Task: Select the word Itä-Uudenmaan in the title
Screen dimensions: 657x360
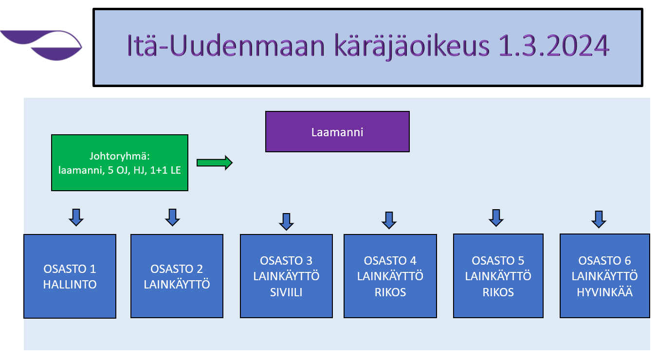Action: (x=225, y=45)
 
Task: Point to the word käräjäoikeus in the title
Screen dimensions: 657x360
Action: (x=412, y=47)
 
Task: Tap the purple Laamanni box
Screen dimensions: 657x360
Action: (x=337, y=132)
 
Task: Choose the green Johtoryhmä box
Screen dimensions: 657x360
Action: (x=120, y=162)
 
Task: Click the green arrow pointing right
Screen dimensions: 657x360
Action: (x=215, y=162)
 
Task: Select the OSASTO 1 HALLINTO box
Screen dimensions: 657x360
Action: (x=70, y=276)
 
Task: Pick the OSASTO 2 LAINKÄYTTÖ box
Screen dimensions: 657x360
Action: (x=177, y=276)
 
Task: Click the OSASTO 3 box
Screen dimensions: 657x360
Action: (x=286, y=276)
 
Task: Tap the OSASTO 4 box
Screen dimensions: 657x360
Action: (x=390, y=276)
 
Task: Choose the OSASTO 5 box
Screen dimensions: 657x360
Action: (x=498, y=276)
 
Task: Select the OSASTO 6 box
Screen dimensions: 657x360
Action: (x=605, y=276)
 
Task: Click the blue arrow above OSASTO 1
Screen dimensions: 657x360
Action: (x=76, y=217)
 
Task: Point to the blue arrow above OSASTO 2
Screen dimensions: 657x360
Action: (x=172, y=217)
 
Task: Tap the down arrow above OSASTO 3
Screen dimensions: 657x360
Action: (x=286, y=222)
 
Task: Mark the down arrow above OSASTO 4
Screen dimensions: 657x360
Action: (x=389, y=220)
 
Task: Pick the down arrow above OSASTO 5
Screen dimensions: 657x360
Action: (x=496, y=218)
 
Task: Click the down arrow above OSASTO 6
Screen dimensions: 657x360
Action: (x=599, y=219)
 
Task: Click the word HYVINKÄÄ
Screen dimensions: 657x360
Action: (x=605, y=292)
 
